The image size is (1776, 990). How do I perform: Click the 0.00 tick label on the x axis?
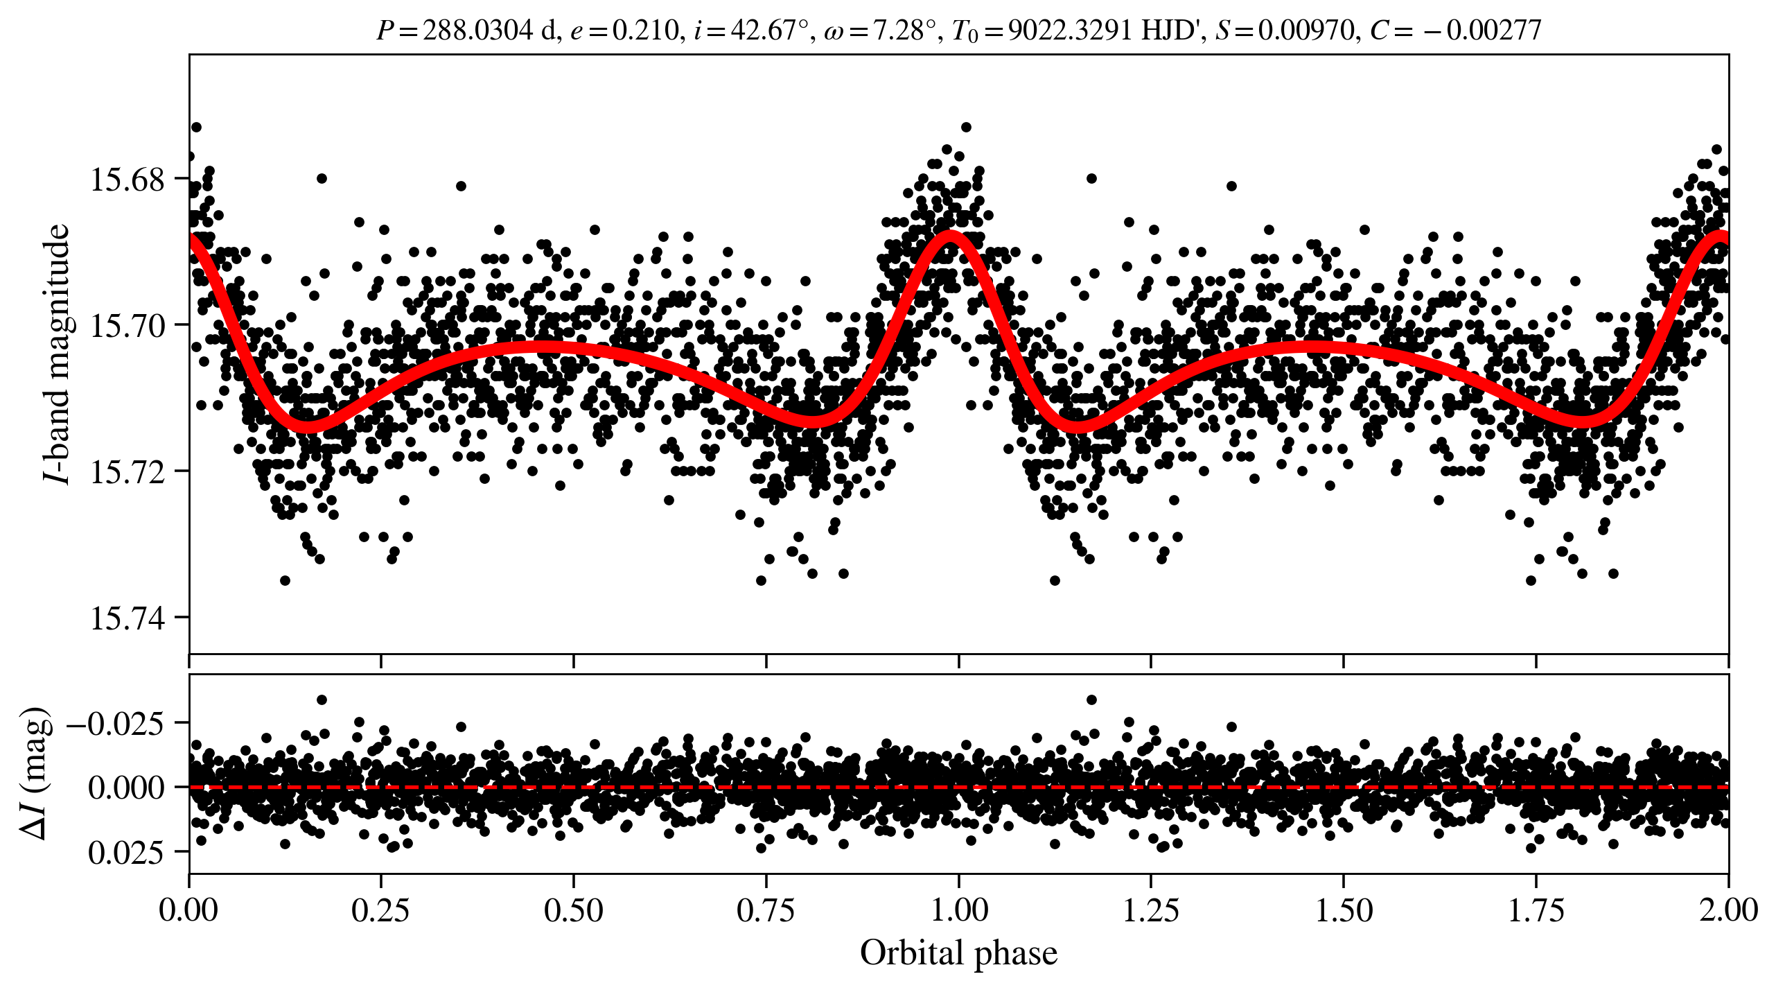(188, 910)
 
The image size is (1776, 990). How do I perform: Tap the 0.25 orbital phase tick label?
(380, 910)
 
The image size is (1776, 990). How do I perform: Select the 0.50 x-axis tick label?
(573, 910)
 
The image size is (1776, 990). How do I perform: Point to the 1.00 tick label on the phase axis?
(958, 910)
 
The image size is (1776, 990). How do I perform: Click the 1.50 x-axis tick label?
(1344, 910)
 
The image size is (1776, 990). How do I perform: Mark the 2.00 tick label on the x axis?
(1728, 910)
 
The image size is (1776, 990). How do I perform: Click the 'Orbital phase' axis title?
(958, 953)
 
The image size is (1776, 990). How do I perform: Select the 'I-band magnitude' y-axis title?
(57, 354)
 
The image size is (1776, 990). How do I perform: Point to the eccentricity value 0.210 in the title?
(645, 31)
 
